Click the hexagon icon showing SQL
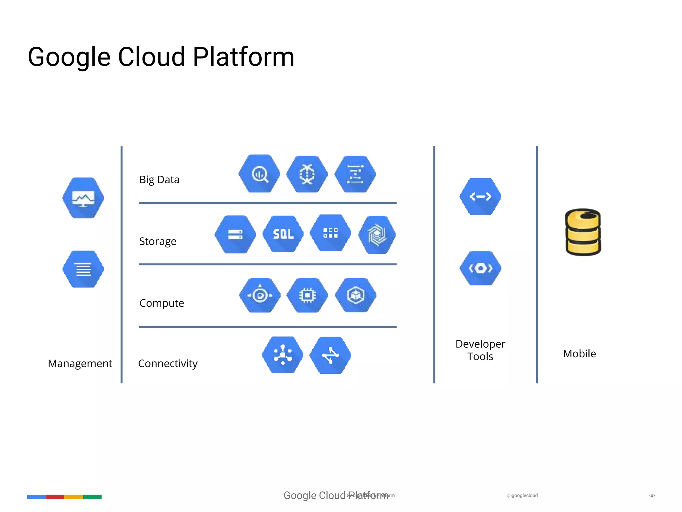tap(283, 234)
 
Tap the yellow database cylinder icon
tap(583, 232)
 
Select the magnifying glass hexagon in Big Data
tap(259, 174)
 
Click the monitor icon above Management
tap(83, 198)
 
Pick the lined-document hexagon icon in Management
tap(83, 269)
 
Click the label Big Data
tap(159, 180)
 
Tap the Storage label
tap(158, 241)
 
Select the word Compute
tap(162, 303)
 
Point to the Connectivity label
tap(168, 363)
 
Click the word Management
tap(80, 363)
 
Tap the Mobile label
tap(579, 354)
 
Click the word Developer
tap(480, 344)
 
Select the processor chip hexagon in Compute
tap(307, 295)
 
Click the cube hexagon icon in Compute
tap(356, 295)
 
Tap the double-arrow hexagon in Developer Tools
tap(480, 197)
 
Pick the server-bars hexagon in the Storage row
tap(235, 234)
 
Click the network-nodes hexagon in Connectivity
tap(282, 355)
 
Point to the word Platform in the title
tap(243, 57)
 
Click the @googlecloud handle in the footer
tap(522, 496)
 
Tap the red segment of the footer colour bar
tap(55, 497)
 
